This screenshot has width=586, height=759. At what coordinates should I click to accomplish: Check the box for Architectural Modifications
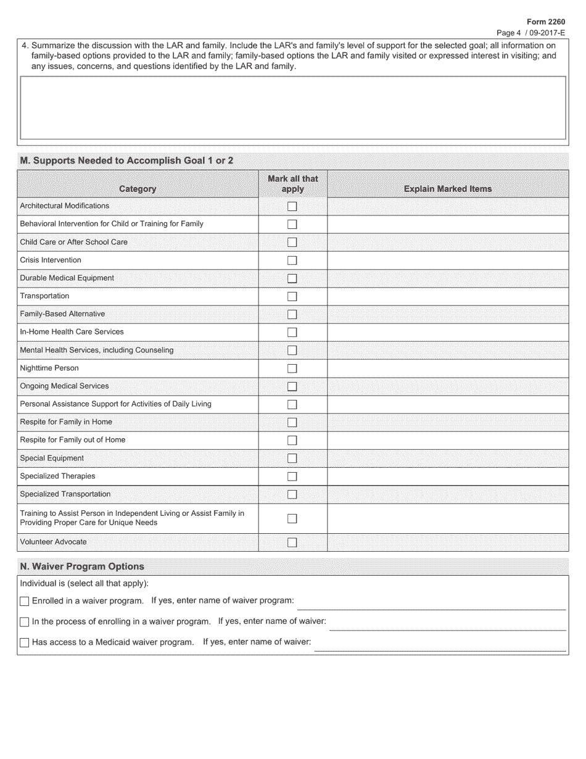(292, 206)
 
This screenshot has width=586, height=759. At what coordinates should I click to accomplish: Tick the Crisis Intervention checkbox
(292, 260)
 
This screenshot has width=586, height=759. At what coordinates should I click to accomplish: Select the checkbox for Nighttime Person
(292, 368)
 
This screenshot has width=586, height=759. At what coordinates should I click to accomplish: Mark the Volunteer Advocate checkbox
(292, 542)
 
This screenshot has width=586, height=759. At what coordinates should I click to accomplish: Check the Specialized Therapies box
(292, 476)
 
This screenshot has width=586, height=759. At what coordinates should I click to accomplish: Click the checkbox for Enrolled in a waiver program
(25, 601)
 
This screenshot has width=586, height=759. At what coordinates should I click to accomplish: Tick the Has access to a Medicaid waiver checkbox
(25, 642)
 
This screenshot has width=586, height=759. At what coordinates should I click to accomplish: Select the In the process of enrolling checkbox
(25, 622)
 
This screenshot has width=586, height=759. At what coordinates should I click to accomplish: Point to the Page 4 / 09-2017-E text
(531, 33)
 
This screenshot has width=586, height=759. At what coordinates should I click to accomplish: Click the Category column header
(138, 189)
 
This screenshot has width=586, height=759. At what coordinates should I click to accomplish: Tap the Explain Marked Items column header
(448, 189)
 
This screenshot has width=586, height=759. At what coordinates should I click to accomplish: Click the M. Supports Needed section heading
(127, 160)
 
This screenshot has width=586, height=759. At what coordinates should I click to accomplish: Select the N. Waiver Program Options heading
(82, 566)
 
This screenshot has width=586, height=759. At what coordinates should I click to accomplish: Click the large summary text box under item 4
(293, 107)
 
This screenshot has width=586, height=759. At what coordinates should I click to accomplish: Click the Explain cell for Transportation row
(448, 296)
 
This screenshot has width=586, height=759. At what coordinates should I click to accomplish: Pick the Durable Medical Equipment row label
(67, 278)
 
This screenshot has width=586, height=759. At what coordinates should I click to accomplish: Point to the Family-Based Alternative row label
(62, 314)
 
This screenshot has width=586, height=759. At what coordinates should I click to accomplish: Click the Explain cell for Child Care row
(448, 243)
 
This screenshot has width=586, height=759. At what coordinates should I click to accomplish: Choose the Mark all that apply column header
(292, 184)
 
